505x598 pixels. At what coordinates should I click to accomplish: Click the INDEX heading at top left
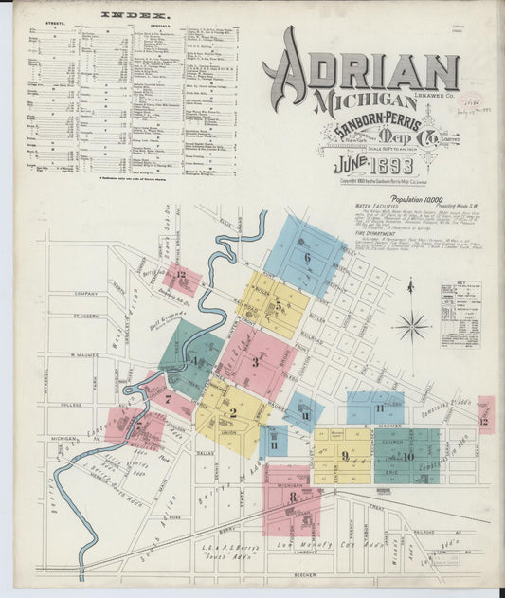pos(133,16)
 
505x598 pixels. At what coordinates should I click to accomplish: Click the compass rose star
pos(411,327)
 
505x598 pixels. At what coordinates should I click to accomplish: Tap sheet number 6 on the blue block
pos(306,257)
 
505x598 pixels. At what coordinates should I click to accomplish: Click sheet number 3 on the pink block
pos(256,361)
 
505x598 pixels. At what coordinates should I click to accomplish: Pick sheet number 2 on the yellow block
pos(232,413)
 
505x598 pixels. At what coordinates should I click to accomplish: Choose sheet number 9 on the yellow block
pos(345,455)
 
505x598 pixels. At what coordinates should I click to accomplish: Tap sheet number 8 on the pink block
pos(293,497)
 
